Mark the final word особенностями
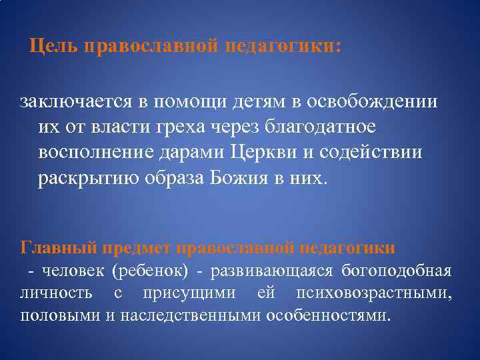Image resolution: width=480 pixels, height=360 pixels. [x=326, y=315]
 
